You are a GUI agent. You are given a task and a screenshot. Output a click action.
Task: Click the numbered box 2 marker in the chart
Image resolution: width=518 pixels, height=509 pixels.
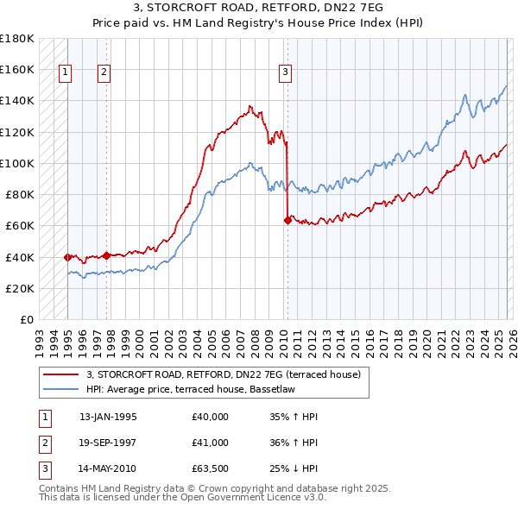click(x=104, y=73)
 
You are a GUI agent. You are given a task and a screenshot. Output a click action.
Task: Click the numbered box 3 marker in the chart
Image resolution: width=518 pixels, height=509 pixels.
click(x=285, y=73)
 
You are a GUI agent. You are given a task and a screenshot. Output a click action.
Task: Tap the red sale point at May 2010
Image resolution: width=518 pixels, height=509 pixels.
click(x=287, y=220)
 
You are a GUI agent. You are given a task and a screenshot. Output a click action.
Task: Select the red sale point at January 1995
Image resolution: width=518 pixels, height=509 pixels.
click(x=67, y=257)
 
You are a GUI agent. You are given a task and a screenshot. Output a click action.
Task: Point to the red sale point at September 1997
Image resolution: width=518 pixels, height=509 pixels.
click(x=106, y=255)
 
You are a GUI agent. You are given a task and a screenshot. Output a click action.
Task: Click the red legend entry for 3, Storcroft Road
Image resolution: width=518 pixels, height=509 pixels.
click(x=228, y=374)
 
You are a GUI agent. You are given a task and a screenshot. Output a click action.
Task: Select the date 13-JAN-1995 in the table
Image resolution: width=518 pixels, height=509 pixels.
click(x=108, y=416)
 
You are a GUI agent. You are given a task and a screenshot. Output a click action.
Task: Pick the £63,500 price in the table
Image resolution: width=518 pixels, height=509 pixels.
click(x=211, y=469)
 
